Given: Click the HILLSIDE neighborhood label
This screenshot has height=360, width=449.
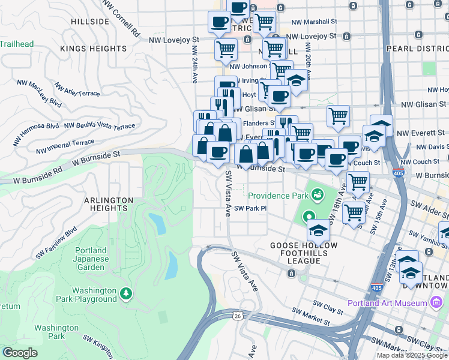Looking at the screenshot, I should pyautogui.click(x=90, y=22).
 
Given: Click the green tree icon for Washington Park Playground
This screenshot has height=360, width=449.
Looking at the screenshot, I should pyautogui.click(x=126, y=293).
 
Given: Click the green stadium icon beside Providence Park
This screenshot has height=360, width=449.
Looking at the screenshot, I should pyautogui.click(x=316, y=194).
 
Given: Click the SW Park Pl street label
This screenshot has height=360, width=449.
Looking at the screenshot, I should pyautogui.click(x=250, y=209).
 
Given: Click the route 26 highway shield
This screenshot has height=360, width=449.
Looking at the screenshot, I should pyautogui.click(x=239, y=316).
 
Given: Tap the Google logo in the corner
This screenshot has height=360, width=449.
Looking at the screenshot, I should pyautogui.click(x=20, y=353).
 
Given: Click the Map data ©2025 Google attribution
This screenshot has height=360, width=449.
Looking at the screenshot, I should pyautogui.click(x=411, y=355).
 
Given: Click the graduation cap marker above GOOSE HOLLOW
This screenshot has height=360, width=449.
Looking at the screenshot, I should pyautogui.click(x=318, y=229).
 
